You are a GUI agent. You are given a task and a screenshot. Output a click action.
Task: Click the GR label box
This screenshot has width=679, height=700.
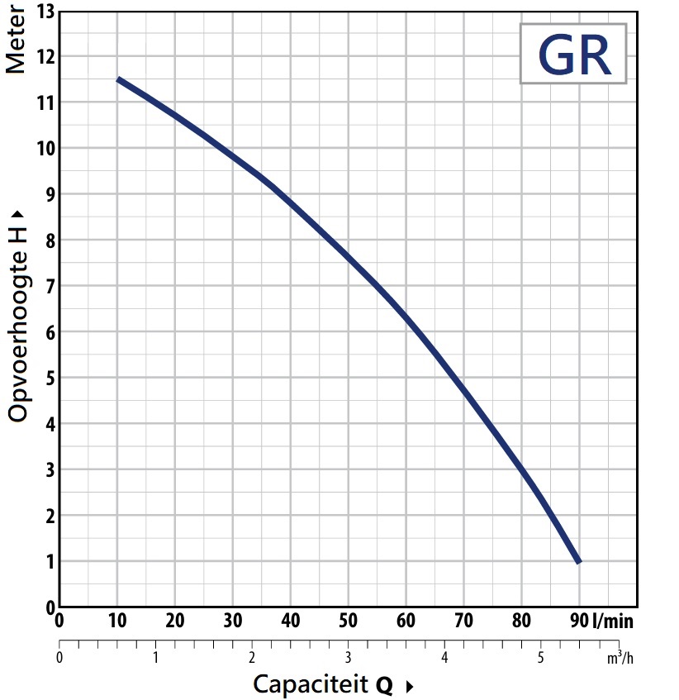(x=572, y=54)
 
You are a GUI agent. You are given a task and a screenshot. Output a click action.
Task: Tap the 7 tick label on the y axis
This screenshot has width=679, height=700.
(x=50, y=287)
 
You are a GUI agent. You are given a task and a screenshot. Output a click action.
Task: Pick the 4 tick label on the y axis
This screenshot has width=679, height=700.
(x=50, y=424)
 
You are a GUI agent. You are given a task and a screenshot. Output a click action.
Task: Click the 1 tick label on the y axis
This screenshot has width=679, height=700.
(x=50, y=562)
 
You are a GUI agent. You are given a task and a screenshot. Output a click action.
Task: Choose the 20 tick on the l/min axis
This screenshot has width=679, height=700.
(x=174, y=621)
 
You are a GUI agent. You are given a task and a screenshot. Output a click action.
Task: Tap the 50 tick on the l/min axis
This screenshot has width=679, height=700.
(x=348, y=621)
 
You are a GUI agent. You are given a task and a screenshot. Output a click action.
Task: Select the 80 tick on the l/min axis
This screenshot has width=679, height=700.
(x=520, y=621)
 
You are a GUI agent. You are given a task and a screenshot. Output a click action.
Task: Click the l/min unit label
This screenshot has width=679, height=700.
(x=612, y=621)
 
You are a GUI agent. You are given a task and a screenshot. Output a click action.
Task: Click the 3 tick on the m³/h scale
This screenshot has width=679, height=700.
(x=348, y=659)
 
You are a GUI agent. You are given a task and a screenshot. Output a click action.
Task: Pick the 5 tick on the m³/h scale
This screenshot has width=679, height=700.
(x=540, y=659)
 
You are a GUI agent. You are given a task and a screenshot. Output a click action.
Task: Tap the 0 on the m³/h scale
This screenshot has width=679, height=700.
(x=59, y=659)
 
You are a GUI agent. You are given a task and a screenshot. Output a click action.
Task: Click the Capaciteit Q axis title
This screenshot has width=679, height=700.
(x=323, y=684)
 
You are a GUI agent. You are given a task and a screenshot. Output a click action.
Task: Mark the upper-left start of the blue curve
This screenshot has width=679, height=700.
(x=118, y=79)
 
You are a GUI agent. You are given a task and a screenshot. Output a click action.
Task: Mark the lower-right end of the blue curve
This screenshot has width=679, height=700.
(x=578, y=561)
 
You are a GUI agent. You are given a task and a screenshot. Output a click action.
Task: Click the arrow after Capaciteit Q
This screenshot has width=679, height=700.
(x=409, y=686)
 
